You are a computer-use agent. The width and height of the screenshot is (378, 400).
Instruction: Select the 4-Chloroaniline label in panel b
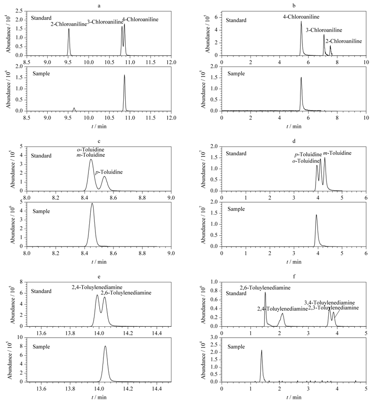click(x=301, y=17)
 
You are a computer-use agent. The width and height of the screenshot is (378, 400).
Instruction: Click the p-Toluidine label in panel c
click(x=109, y=172)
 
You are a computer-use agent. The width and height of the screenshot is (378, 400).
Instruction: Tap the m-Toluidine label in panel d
click(x=337, y=153)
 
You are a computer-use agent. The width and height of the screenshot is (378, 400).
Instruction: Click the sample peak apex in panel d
click(x=317, y=215)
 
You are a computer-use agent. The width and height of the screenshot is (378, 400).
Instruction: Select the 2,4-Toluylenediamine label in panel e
click(x=97, y=287)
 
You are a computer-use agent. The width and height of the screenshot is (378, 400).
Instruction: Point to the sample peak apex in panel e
click(x=105, y=346)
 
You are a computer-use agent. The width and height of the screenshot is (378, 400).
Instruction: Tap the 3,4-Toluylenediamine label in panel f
click(x=329, y=303)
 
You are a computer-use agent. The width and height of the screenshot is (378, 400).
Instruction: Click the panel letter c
click(x=99, y=141)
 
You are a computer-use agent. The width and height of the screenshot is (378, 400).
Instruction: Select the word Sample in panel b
click(x=236, y=74)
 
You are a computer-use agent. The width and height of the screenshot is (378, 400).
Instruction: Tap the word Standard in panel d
click(x=236, y=153)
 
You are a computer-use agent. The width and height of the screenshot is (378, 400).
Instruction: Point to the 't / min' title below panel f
click(x=294, y=397)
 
